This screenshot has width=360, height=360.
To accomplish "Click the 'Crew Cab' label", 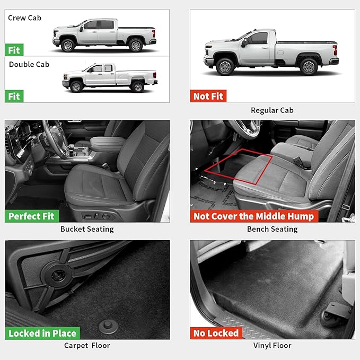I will click(24, 18).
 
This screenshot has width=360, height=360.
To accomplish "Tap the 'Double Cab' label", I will click(29, 64).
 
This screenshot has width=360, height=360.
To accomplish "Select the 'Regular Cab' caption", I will click(272, 110).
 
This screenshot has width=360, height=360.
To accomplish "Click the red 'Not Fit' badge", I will click(208, 96).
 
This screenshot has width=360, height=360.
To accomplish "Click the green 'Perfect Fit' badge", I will click(31, 216).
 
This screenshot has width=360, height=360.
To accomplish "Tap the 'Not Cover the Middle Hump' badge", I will click(253, 216).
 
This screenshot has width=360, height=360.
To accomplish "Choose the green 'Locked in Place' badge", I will click(42, 333).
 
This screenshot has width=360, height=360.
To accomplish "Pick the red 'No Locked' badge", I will click(216, 333).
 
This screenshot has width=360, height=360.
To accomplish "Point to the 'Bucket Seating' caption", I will click(87, 229).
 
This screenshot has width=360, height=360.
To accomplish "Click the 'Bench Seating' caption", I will click(272, 229).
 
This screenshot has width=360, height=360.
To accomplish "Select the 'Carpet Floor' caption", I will click(87, 346).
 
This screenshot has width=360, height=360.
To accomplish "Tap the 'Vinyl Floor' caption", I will click(272, 346).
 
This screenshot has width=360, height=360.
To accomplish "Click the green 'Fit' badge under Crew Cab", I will click(14, 50).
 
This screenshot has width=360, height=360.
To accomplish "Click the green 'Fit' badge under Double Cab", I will click(14, 96).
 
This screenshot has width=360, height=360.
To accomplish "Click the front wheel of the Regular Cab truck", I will click(226, 67).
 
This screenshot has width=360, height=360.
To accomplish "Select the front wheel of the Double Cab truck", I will click(76, 86).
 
